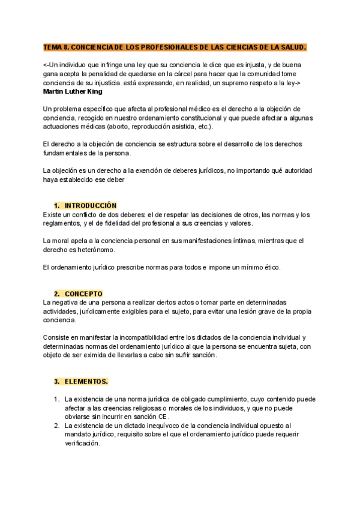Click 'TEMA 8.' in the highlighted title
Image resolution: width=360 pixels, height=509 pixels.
pos(56,47)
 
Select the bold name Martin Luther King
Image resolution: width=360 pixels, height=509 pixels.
pos(73,92)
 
